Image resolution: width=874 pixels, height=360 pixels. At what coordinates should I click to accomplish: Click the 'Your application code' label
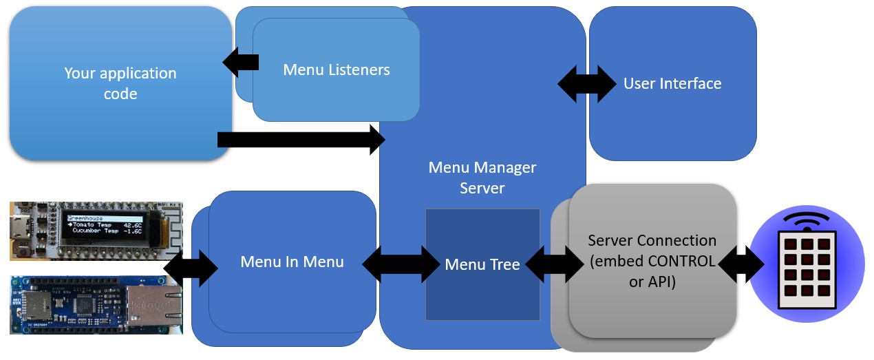coord(120,83)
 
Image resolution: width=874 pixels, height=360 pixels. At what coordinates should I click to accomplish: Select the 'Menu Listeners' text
coord(337,70)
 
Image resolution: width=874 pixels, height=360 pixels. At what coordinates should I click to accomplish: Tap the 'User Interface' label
coord(672,83)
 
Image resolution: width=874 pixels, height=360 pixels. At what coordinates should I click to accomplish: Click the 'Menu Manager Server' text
coord(482,178)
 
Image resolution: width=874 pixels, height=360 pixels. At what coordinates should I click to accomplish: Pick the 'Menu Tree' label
coord(482,264)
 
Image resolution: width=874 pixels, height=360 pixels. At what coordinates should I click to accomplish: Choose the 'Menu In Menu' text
coord(292,262)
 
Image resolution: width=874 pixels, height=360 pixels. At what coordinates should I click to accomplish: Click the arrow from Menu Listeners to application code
coord(241,63)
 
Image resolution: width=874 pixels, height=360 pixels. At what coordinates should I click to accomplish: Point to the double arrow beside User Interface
coord(586,84)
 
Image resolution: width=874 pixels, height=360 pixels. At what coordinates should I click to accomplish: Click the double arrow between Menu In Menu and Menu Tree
coord(401,264)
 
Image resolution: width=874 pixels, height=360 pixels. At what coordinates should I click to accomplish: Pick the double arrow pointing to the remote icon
coord(741,264)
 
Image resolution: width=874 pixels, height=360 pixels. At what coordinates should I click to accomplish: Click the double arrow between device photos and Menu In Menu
coord(191,268)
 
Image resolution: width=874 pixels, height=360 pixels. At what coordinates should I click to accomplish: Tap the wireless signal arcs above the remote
coord(807,220)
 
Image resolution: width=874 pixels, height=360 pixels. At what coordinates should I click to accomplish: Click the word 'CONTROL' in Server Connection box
coord(681,262)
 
